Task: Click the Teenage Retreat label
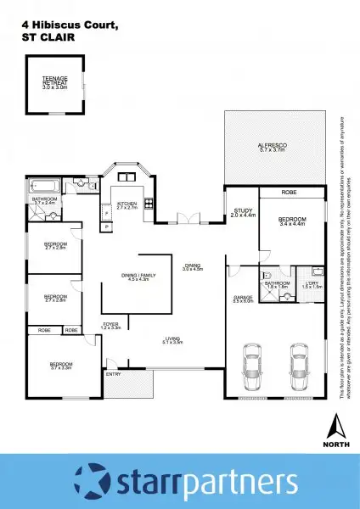pyautogui.click(x=55, y=82)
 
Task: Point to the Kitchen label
pyautogui.click(x=126, y=205)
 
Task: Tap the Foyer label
pyautogui.click(x=111, y=324)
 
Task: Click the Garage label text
pyautogui.click(x=243, y=299)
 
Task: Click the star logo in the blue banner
pyautogui.click(x=91, y=481)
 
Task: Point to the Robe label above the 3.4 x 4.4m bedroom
pyautogui.click(x=289, y=193)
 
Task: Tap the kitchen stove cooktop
pyautogui.click(x=149, y=203)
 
